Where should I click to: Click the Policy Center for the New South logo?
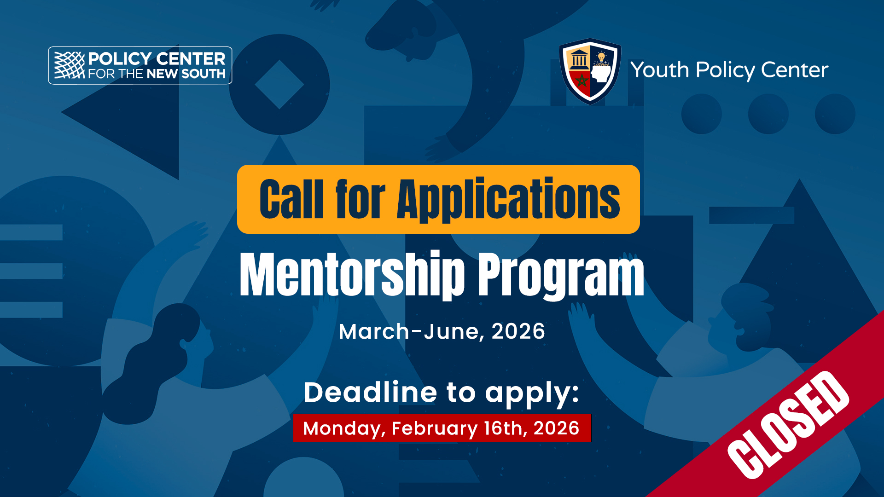coord(140,65)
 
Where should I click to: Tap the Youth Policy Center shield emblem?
coord(590,71)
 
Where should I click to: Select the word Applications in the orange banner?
coord(508,199)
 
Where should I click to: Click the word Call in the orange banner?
coord(291,199)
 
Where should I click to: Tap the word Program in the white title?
coord(561,275)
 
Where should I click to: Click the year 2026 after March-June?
coord(518,331)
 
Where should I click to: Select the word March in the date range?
coord(374,331)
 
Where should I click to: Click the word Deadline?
coord(370,392)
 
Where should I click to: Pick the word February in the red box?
coord(435,428)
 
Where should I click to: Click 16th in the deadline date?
coord(506,428)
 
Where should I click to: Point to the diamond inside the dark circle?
coord(279,85)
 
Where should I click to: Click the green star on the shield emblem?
coord(582,81)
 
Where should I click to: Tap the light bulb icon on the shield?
coord(601,58)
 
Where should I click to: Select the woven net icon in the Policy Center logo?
coord(70,65)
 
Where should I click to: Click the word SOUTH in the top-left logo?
coord(204,74)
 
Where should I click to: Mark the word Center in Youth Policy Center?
coord(795,70)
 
